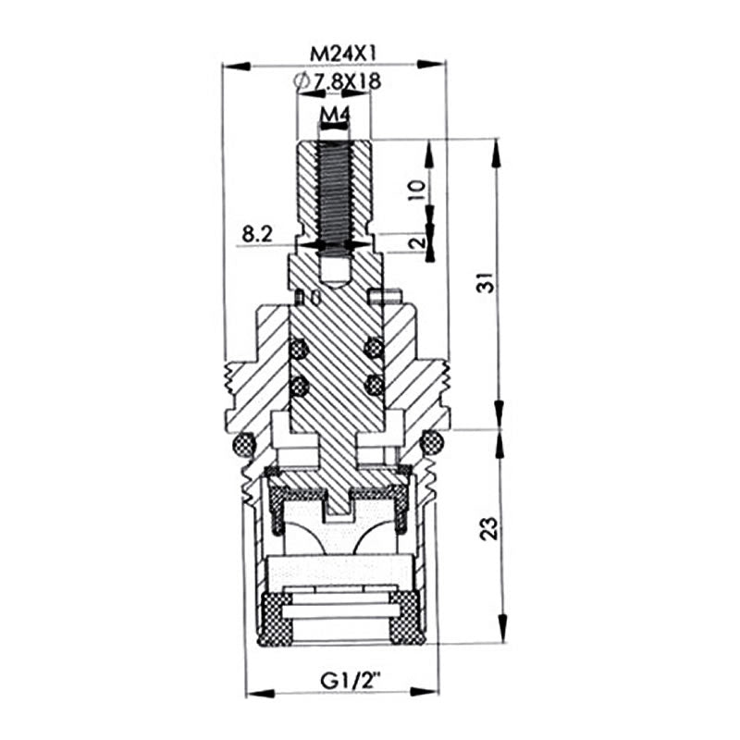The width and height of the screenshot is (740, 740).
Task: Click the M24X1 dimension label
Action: pyautogui.click(x=342, y=55)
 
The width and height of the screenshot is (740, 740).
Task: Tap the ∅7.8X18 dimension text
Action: pyautogui.click(x=337, y=81)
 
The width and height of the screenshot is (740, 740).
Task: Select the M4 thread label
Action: pyautogui.click(x=334, y=114)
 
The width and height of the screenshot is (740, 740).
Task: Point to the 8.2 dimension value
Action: pyautogui.click(x=258, y=234)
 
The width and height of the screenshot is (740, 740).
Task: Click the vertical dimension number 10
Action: pyautogui.click(x=418, y=190)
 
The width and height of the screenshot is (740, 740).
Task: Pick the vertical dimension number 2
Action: pyautogui.click(x=418, y=243)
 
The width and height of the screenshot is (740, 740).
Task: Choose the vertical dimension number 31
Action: pyautogui.click(x=489, y=282)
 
